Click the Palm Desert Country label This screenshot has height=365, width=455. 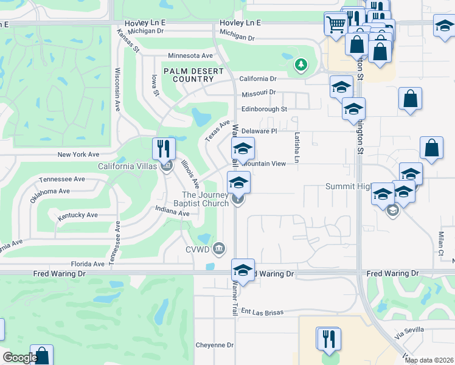(x=193, y=75)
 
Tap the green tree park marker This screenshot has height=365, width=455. (x=300, y=64)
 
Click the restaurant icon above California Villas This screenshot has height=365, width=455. (x=164, y=148)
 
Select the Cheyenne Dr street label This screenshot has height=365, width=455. (x=214, y=345)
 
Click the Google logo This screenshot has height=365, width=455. (x=20, y=358)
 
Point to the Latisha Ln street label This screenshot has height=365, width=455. (x=297, y=148)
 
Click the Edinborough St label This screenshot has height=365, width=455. (x=263, y=109)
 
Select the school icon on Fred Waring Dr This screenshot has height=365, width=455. (x=243, y=270)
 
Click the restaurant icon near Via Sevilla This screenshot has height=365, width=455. (x=328, y=338)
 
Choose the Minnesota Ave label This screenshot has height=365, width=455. (x=190, y=55)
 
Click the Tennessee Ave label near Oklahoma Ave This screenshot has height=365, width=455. (x=62, y=179)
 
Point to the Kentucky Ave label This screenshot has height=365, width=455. (x=77, y=215)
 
